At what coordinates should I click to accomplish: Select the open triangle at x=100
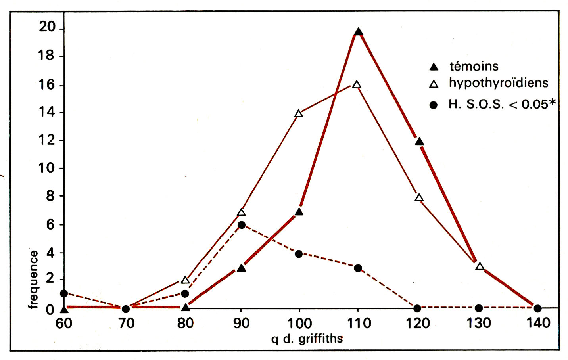299,114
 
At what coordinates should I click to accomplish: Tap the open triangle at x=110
357,85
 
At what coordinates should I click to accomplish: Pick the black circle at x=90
241,225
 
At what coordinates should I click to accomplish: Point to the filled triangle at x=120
419,142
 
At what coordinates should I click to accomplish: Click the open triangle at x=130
480,266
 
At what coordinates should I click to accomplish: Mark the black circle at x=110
358,268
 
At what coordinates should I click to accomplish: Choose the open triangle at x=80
185,280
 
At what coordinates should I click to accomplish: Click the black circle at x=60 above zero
64,293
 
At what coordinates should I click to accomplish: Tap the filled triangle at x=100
299,212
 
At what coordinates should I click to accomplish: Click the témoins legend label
474,66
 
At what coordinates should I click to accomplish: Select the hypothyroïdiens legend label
498,83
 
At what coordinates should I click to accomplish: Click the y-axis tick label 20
47,27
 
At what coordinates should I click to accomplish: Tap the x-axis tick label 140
538,323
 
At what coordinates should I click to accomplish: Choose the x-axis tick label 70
126,324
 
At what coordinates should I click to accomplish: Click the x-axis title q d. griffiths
307,339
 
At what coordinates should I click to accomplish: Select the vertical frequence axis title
33,279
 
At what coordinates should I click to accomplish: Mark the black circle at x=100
299,254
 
